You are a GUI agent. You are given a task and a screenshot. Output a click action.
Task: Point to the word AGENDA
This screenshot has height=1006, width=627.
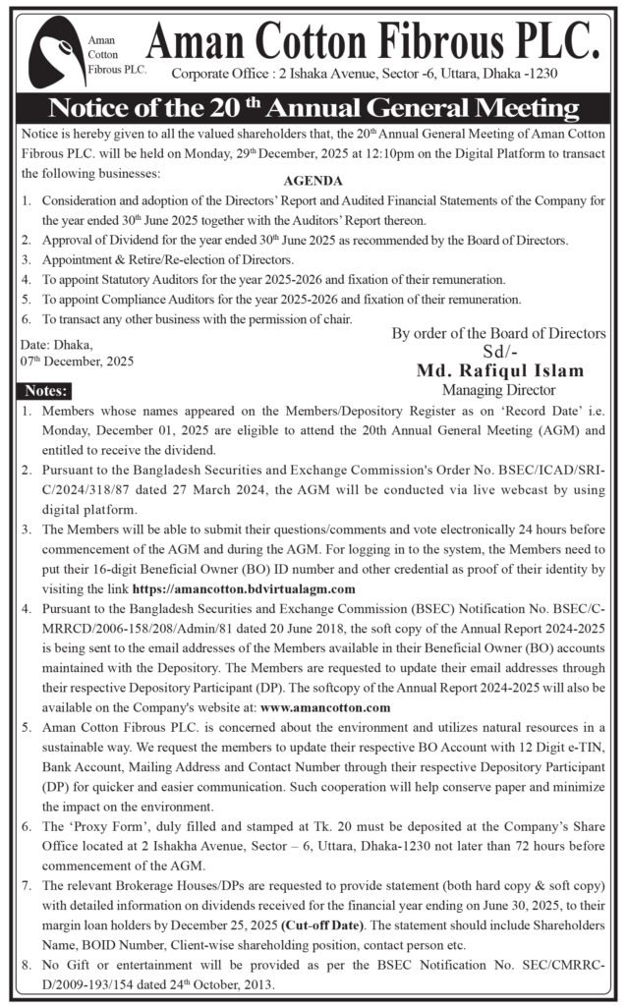(313, 182)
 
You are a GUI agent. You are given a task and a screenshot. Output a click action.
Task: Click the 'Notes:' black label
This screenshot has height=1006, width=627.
(45, 390)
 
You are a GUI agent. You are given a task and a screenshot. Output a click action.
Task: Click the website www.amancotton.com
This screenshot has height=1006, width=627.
(326, 707)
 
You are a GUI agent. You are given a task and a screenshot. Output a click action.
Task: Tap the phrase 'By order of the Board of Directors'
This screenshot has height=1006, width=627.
(499, 334)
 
